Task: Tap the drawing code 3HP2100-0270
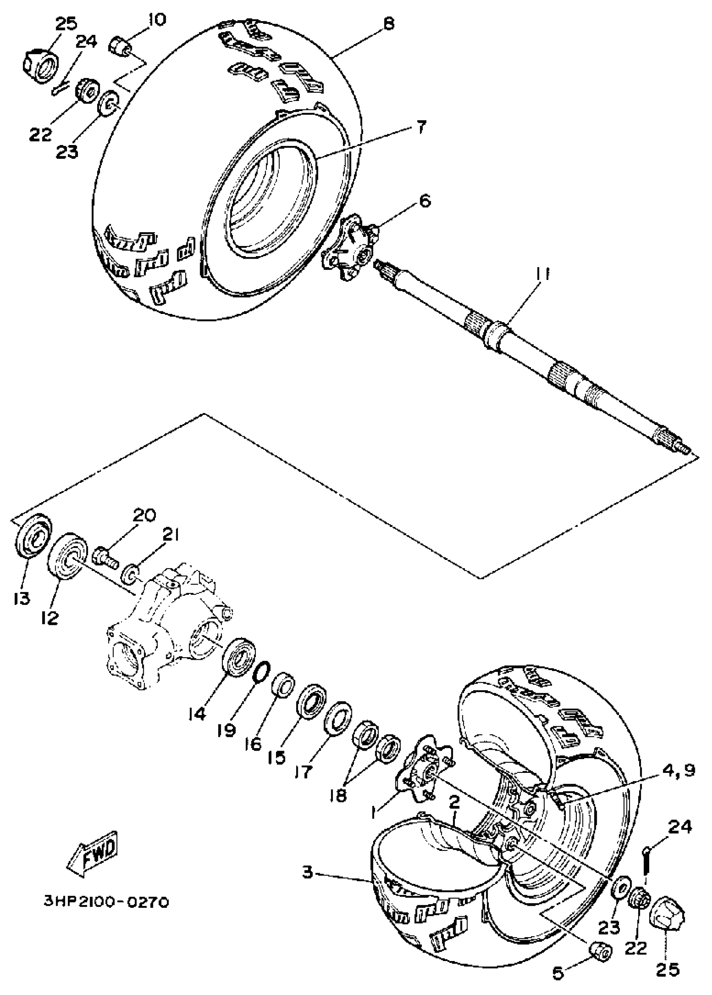pos(106,900)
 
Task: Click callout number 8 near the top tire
pos(388,23)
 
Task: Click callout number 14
pos(197,715)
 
